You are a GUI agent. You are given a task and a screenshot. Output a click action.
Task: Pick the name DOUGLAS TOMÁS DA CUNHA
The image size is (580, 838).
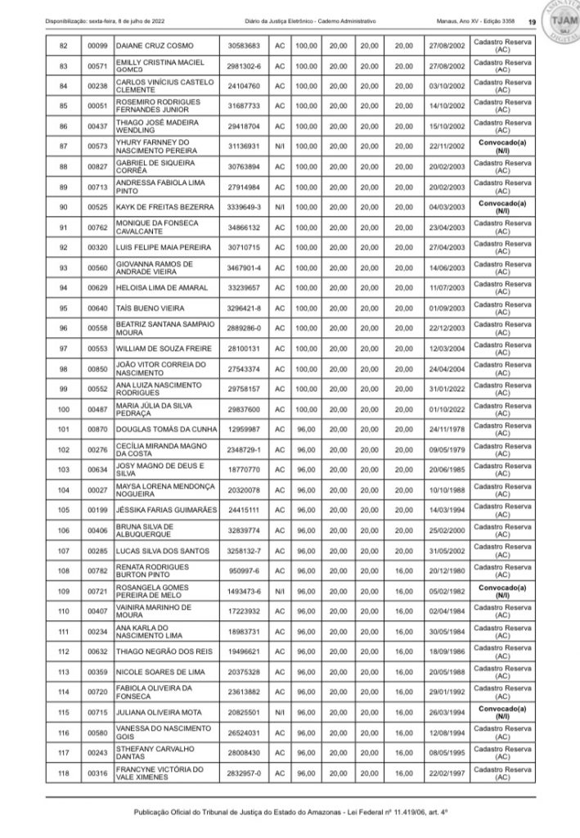point(167,426)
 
